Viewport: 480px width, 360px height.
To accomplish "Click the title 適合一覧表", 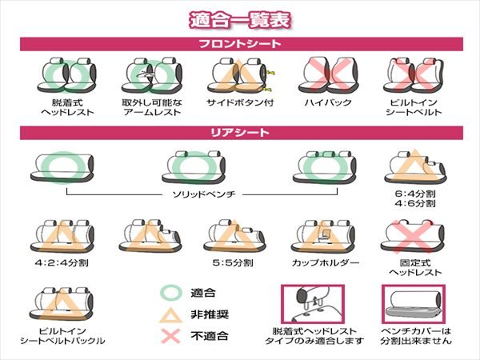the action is click(240, 20).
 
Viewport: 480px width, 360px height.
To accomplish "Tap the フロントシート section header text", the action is click(240, 44).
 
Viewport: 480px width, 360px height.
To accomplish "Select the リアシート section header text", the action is click(240, 133).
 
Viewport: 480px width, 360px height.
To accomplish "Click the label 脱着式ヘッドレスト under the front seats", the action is click(67, 107).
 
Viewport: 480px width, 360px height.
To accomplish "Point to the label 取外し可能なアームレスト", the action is click(152, 107).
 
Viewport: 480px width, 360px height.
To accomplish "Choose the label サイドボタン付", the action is click(240, 102).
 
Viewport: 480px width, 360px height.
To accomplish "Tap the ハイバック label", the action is click(328, 102).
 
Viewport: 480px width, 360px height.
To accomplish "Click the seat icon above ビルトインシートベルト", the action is click(414, 75).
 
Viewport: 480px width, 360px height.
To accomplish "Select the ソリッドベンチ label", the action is click(203, 194).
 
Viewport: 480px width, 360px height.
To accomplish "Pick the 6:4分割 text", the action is click(414, 194).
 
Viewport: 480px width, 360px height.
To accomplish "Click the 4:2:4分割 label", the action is click(62, 262).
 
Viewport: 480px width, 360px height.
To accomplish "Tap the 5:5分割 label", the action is click(233, 262).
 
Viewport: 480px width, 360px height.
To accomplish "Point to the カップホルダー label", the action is click(325, 262).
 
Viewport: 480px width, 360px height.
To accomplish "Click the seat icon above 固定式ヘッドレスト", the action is click(412, 236).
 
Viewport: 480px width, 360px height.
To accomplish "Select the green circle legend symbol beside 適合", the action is click(171, 292).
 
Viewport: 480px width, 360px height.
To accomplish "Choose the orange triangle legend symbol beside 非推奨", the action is click(171, 314).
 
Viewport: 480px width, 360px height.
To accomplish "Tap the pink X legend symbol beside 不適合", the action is click(171, 336).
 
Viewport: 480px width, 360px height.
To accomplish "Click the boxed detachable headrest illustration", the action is click(313, 304).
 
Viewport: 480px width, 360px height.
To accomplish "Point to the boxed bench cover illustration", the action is click(414, 304).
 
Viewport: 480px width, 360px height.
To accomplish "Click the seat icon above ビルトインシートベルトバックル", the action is click(62, 304).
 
